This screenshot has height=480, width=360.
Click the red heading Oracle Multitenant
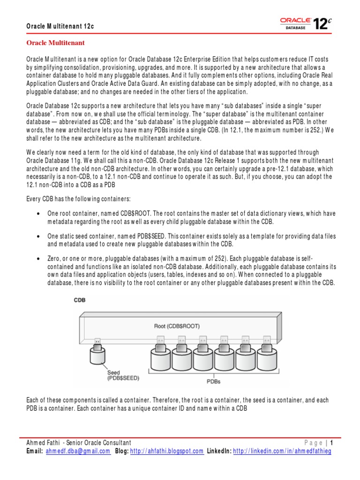55,43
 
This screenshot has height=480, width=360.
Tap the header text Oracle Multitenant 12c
60,26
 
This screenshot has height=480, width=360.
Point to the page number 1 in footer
332,442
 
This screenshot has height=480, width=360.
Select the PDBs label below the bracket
213,381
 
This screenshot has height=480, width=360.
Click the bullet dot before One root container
37,213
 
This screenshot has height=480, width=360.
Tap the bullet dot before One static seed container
37,236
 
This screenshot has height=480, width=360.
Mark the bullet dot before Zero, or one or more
37,259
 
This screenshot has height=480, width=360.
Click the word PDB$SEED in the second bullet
149,236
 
